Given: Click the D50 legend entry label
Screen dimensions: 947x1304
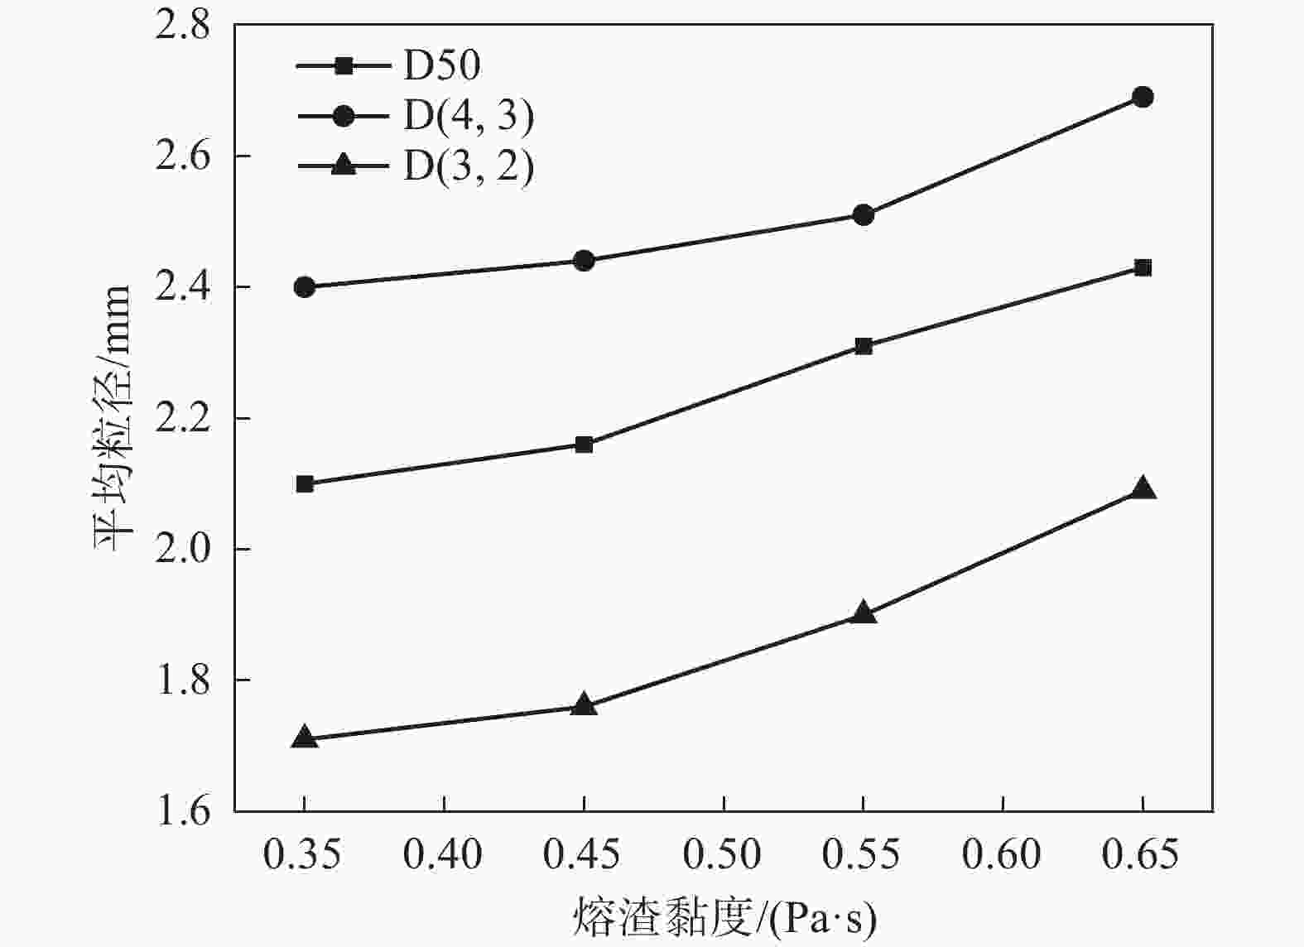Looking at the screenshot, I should (441, 65).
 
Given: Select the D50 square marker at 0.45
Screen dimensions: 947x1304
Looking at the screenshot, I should (584, 445).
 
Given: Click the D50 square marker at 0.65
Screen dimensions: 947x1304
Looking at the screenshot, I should (1143, 267).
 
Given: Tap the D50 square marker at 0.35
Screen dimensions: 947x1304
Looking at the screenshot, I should (305, 483).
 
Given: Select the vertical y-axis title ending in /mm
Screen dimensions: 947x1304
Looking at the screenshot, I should (111, 418).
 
